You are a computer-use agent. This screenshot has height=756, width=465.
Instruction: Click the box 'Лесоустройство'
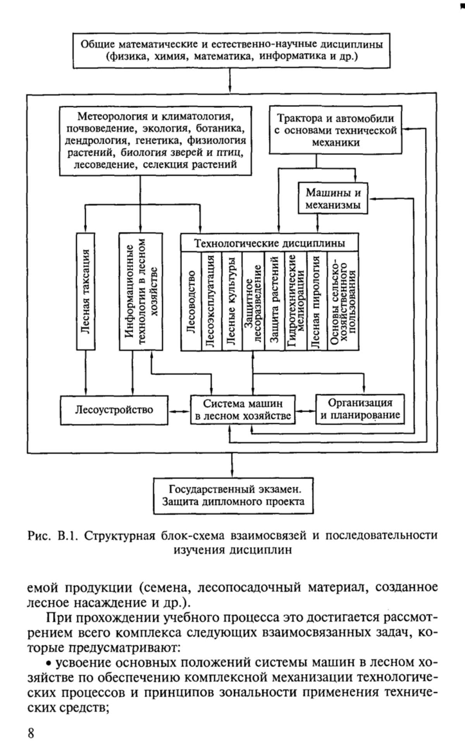tap(114, 410)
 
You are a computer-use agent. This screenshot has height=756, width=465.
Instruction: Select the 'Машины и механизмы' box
tap(333, 198)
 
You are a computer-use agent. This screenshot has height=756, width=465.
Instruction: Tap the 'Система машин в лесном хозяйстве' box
tap(243, 410)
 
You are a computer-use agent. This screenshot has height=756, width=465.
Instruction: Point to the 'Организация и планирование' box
tap(360, 409)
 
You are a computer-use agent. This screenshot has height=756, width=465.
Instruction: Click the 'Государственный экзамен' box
tap(233, 496)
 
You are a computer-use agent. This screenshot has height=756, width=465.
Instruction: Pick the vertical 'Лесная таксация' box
tap(86, 291)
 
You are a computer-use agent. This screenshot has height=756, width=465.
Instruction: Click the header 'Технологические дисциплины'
tap(270, 243)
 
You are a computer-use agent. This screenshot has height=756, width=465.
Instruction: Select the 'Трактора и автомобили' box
tap(336, 130)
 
